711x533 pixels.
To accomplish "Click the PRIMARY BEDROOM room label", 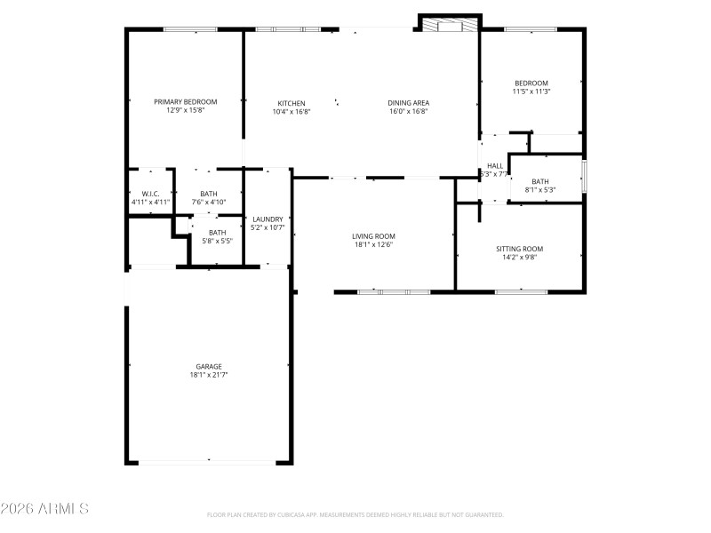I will tap(185, 102).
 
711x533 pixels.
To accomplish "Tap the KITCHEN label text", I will tap(291, 103).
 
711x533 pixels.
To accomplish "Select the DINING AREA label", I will tap(408, 103).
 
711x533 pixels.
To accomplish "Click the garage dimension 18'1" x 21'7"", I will tap(209, 375).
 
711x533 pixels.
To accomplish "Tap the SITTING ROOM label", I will tap(519, 249).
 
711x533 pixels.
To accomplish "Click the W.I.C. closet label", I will tap(150, 194).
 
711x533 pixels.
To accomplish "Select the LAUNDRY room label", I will tap(268, 219).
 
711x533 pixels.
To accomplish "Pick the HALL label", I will tap(495, 166).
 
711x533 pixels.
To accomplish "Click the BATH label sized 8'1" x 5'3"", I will tap(540, 181).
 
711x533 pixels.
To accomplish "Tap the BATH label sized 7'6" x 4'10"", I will tap(208, 194).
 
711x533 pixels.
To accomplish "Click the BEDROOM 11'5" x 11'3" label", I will tap(531, 83).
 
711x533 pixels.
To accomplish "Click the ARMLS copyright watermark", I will tap(44, 509).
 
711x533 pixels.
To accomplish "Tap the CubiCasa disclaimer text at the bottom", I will tap(355, 514).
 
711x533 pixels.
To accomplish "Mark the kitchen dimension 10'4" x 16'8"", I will tap(291, 112).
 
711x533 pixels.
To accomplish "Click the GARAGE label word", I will tap(209, 366).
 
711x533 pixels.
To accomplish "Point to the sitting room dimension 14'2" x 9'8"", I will tap(519, 258).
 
